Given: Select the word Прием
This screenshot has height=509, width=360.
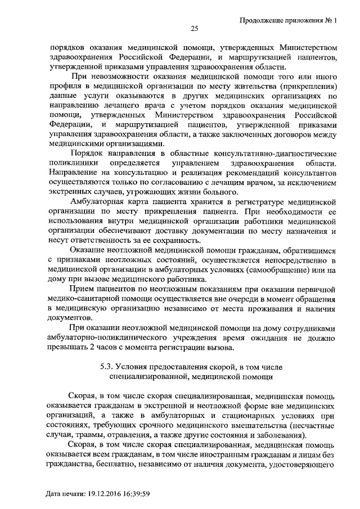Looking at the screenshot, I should tap(80, 288).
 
